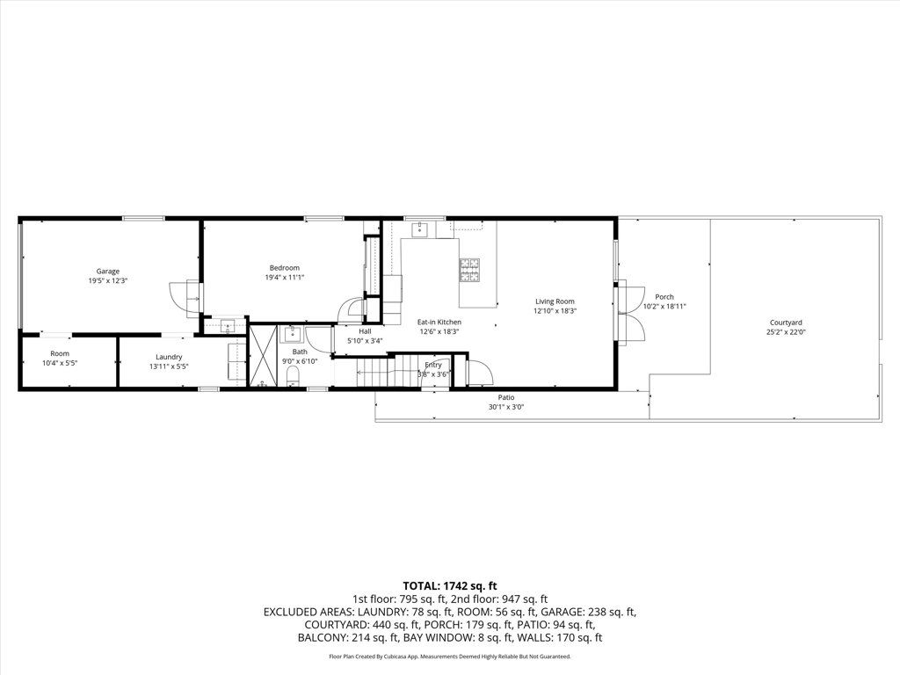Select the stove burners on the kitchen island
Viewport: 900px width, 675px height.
pyautogui.click(x=468, y=270)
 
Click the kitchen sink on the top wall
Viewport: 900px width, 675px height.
pyautogui.click(x=420, y=229)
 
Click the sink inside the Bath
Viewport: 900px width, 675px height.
pyautogui.click(x=292, y=335)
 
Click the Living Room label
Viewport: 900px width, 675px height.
pyautogui.click(x=555, y=301)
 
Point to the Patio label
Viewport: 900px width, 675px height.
pyautogui.click(x=506, y=397)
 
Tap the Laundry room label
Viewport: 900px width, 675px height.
pyautogui.click(x=169, y=356)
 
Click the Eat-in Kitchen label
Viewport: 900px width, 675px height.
pyautogui.click(x=439, y=323)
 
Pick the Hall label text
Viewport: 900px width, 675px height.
pyautogui.click(x=365, y=331)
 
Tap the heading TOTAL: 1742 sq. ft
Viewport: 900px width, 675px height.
pyautogui.click(x=450, y=585)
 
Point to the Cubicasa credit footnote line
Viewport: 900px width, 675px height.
pyautogui.click(x=450, y=657)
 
